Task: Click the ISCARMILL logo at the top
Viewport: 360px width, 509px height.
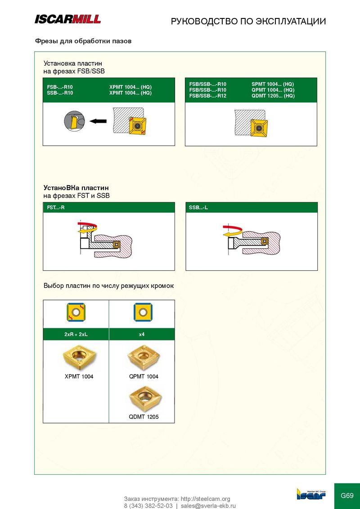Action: (67, 19)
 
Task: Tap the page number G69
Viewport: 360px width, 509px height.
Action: (346, 496)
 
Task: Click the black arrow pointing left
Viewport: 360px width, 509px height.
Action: (98, 121)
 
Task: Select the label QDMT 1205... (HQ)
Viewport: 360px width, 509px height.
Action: (273, 96)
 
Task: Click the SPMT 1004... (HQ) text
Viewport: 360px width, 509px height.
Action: (273, 84)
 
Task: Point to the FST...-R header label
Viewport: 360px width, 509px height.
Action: (55, 207)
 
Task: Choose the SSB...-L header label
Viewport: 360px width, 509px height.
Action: (198, 207)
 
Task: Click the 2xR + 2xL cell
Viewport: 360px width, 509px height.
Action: (76, 335)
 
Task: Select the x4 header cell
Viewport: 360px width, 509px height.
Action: (142, 335)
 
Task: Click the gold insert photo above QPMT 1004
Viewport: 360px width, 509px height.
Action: (144, 358)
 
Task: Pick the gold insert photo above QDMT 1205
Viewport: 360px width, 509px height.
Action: (144, 399)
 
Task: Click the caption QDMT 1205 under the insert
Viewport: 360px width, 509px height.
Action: (144, 417)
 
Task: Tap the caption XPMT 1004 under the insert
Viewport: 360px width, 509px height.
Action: (79, 376)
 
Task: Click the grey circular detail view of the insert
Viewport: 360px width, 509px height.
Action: (74, 121)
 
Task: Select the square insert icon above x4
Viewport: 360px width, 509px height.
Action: (143, 313)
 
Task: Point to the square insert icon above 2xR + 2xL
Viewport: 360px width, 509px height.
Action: (76, 313)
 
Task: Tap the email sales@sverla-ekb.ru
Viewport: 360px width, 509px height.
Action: (208, 506)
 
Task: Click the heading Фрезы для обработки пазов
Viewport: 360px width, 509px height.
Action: (83, 41)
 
